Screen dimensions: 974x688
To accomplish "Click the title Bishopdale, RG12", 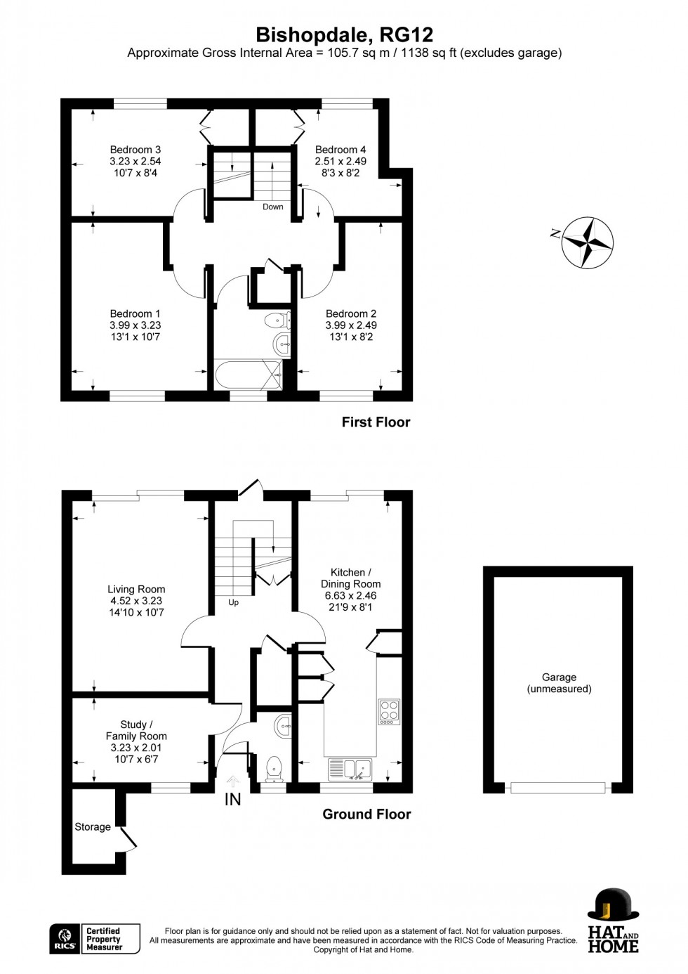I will click(344, 34).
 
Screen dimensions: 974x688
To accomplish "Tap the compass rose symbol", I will click(588, 242).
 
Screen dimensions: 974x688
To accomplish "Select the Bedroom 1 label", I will click(135, 313).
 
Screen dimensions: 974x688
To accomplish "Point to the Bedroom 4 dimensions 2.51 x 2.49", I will click(340, 161).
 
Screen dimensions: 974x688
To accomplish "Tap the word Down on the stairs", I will click(273, 207).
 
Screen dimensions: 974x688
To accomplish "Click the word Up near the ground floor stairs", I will click(233, 602).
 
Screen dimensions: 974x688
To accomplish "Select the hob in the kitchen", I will click(389, 711).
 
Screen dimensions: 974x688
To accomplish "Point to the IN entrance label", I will click(232, 799).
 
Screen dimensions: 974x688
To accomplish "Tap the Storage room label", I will click(93, 827).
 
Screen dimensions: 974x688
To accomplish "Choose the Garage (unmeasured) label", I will click(559, 683).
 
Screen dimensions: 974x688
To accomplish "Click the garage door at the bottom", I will click(558, 788).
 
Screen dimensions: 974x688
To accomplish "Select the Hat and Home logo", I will click(613, 921).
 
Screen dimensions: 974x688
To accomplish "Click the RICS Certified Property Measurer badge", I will click(95, 939).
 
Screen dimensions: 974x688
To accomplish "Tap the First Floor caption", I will click(376, 422).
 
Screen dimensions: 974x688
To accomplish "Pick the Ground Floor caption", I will click(366, 814).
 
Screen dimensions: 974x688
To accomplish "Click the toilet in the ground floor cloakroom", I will click(274, 767).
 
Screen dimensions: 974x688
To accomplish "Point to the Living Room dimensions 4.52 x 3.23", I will click(136, 601).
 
